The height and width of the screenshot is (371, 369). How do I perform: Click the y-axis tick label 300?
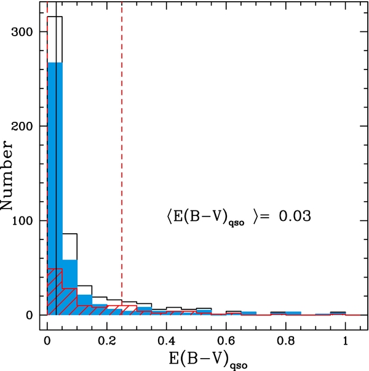(x=23, y=32)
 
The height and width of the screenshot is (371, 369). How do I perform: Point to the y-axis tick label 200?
(x=23, y=126)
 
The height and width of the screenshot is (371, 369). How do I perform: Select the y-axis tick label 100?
(x=23, y=220)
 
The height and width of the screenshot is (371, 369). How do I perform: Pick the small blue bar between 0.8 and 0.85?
(x=293, y=313)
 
